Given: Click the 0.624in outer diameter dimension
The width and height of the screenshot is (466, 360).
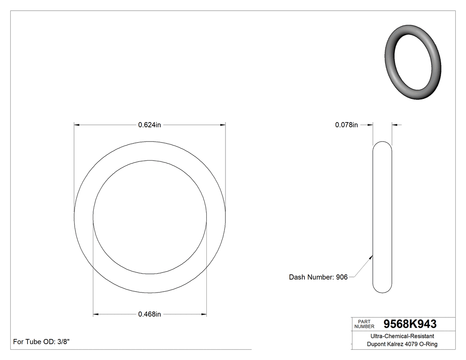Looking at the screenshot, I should tap(149, 125).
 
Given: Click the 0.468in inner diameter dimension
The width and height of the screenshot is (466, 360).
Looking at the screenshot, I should tap(149, 314).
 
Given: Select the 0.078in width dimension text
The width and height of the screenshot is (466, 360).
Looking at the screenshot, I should tap(346, 125).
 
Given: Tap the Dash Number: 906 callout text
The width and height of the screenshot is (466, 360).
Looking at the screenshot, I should tap(318, 277).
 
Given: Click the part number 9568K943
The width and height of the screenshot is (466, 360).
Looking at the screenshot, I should tap(410, 324).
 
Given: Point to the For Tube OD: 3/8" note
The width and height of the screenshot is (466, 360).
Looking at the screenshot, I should tap(41, 342).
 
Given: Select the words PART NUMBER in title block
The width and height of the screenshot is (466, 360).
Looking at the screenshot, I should tap(364, 324).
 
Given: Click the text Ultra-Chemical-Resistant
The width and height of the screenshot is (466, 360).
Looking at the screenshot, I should tap(402, 336).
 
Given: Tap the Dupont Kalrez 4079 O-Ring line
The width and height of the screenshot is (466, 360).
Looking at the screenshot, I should tap(402, 344).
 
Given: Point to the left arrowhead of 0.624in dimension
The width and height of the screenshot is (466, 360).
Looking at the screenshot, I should tap(76, 125).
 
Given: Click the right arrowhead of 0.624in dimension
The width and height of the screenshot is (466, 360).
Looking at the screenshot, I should tap(223, 125).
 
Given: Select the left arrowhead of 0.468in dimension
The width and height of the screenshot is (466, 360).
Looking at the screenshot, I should tap(95, 315).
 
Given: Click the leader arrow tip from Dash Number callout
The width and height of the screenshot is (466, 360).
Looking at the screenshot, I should tap(372, 255).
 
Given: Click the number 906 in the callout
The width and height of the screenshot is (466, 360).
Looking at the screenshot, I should tap(342, 277).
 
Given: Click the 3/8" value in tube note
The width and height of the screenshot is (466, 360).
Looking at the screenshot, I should tap(63, 342).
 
